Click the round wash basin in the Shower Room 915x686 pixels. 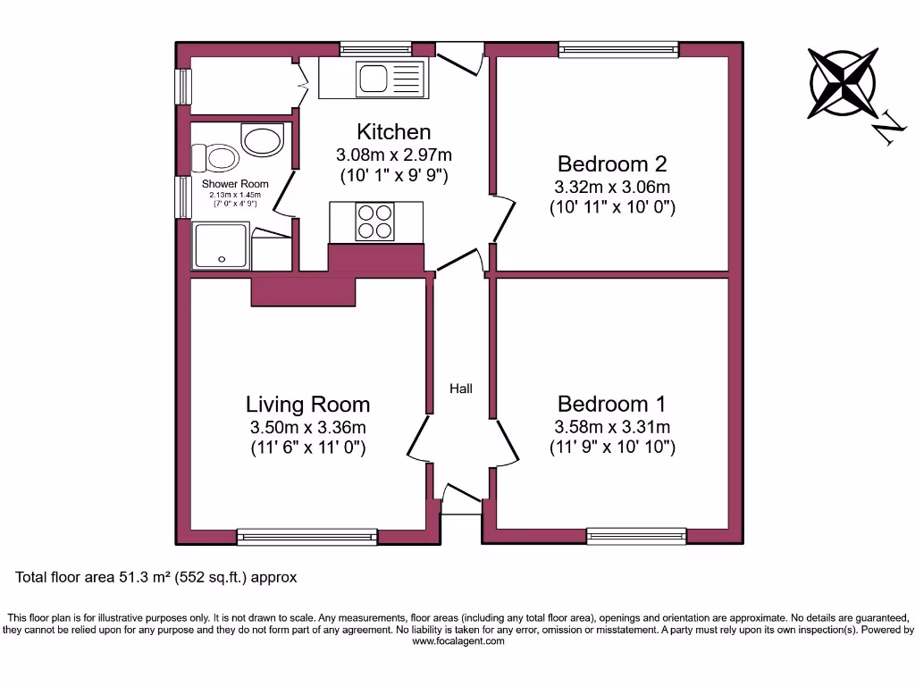[x=262, y=141]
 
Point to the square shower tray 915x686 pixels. [x=220, y=247]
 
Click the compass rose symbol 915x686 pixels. [x=842, y=84]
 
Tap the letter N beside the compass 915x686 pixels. [x=888, y=130]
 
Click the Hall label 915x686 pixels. [x=461, y=389]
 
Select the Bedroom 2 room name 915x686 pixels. [x=611, y=164]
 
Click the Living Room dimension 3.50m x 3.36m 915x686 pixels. [x=308, y=427]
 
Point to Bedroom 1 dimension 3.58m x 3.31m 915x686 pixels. [x=612, y=427]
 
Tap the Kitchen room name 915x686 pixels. [x=394, y=132]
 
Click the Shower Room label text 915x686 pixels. [x=235, y=184]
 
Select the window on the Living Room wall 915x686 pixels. [x=307, y=536]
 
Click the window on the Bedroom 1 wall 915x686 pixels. [x=636, y=536]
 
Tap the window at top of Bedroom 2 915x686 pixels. [x=618, y=49]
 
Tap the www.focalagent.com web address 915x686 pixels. [x=457, y=641]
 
